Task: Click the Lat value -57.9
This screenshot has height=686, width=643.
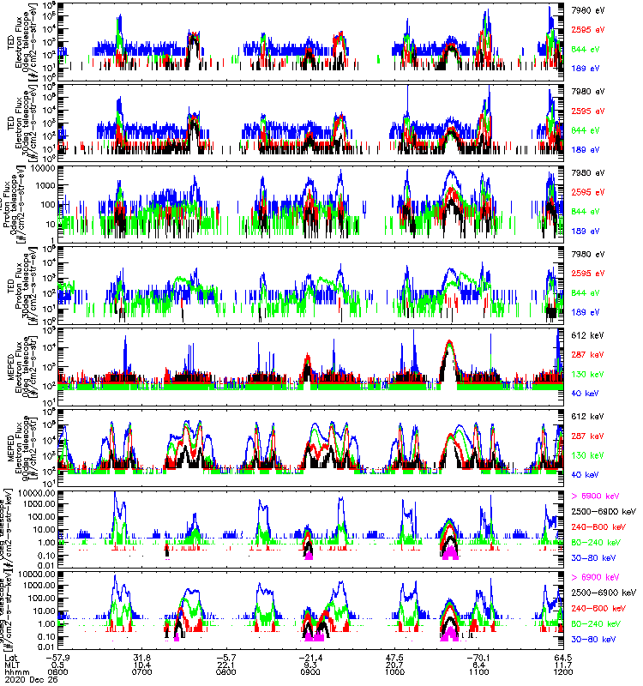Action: tap(70, 656)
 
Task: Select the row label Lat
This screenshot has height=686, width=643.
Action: tap(10, 656)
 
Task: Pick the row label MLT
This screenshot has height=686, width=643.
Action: tap(11, 665)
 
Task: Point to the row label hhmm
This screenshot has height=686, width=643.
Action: tap(15, 673)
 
